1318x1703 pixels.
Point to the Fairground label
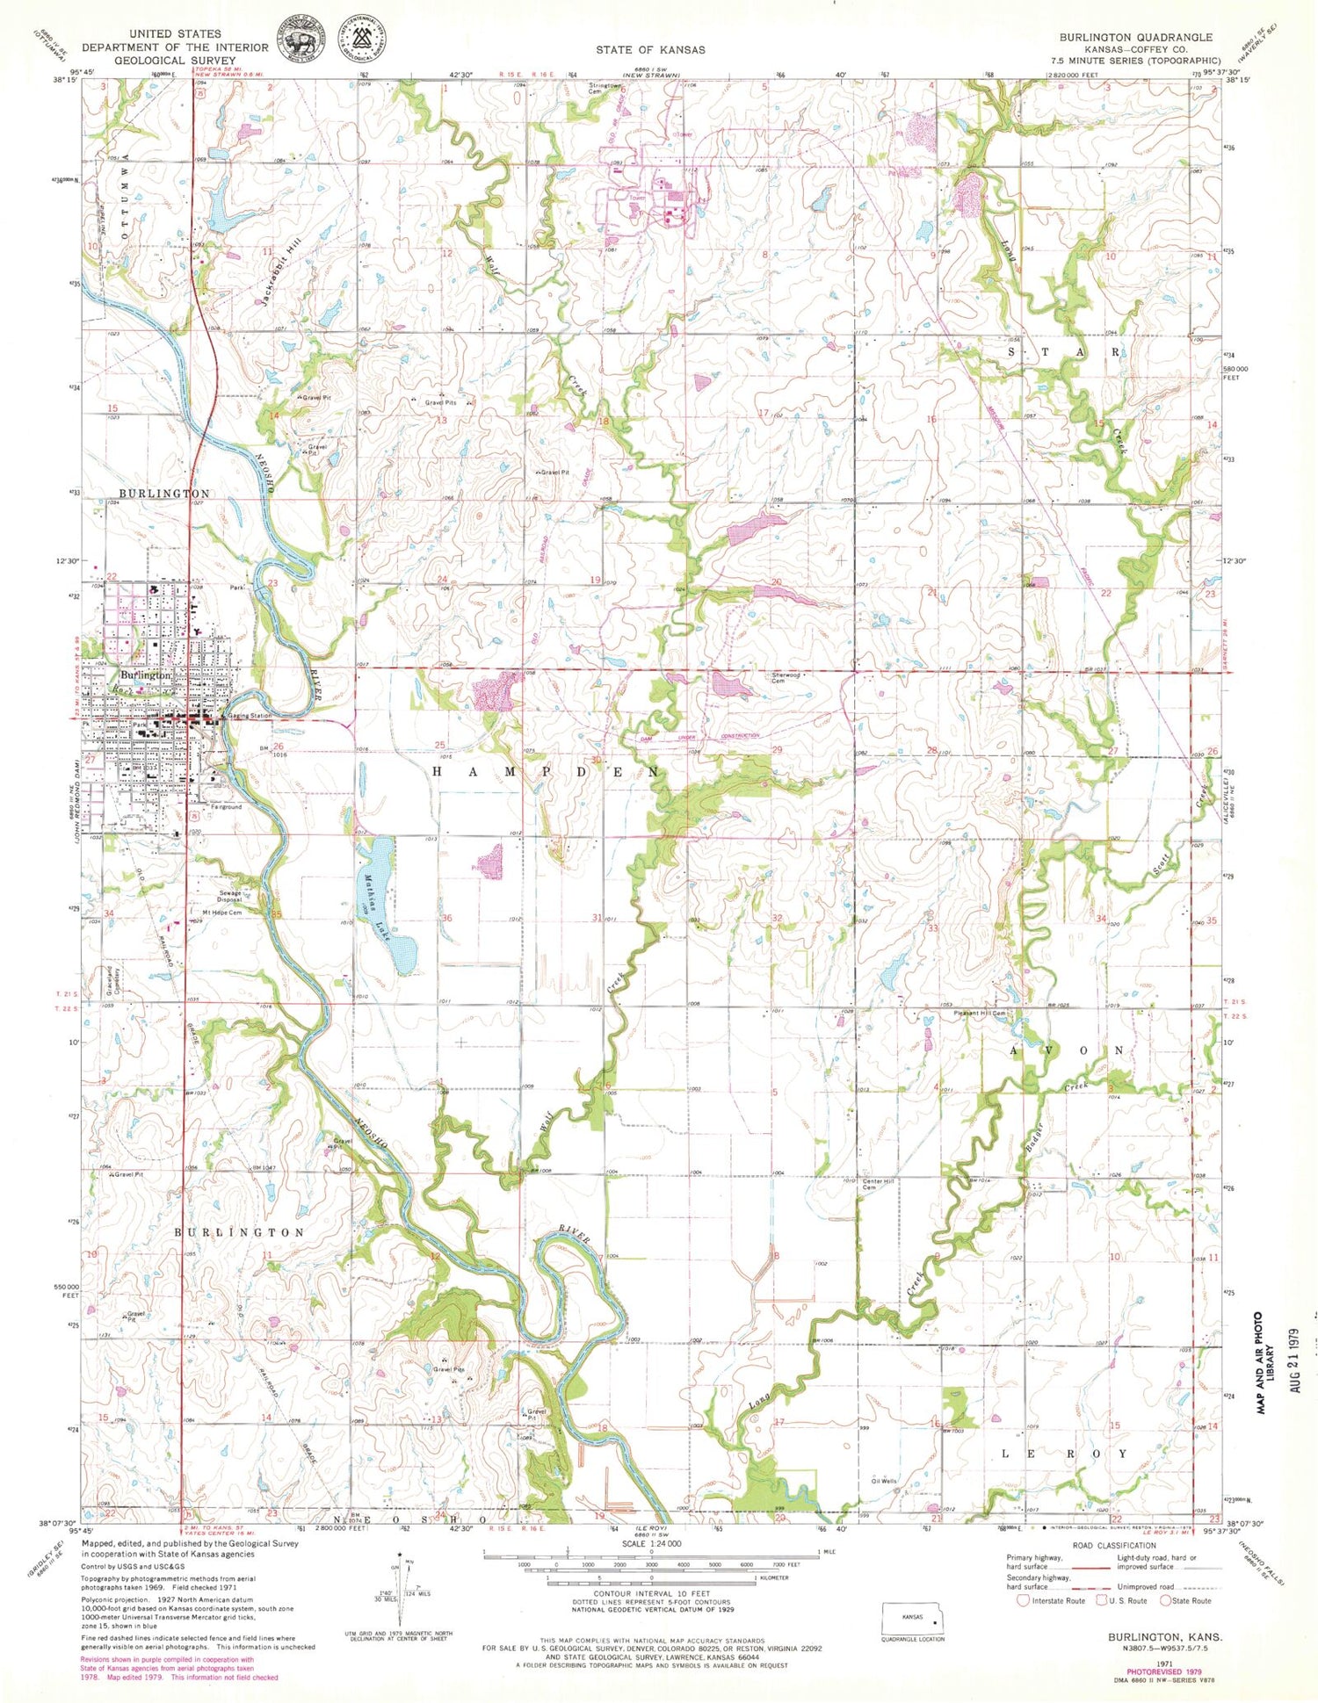[x=226, y=806]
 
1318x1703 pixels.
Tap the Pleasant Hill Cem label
[x=980, y=1014]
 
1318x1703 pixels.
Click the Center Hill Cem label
[x=878, y=1185]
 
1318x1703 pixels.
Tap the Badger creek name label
[x=1034, y=1139]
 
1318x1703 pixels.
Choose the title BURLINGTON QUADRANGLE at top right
[x=1135, y=37]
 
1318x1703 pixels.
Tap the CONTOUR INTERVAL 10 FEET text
[x=651, y=1594]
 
